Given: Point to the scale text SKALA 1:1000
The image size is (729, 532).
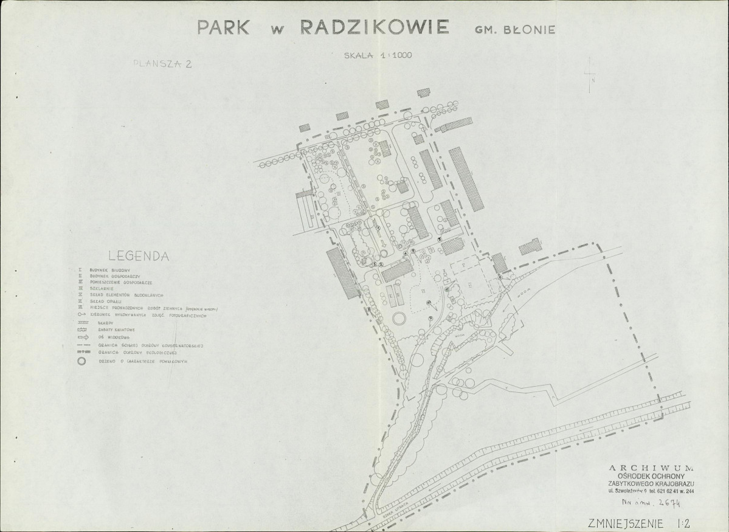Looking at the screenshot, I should [x=378, y=55].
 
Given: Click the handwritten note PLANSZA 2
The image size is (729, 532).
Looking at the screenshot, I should [x=162, y=64].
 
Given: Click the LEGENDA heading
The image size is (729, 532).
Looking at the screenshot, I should [x=138, y=256].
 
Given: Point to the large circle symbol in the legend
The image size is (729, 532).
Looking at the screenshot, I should [x=81, y=361].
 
